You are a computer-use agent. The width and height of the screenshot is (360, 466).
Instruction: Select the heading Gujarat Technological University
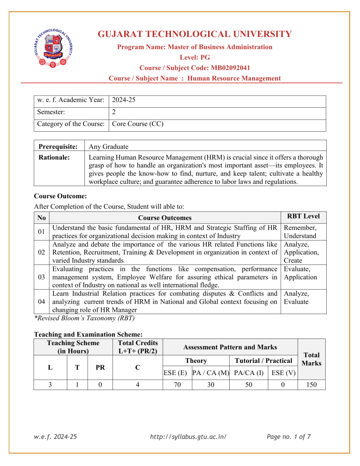coord(195,34)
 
